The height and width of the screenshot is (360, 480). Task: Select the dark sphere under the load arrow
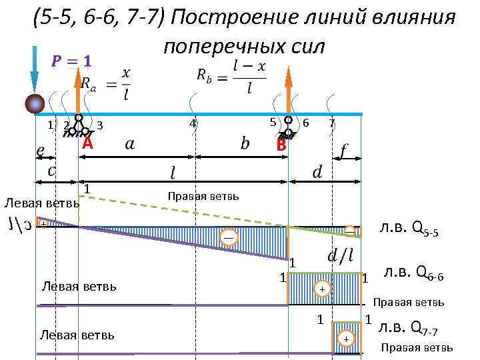pos(35,103)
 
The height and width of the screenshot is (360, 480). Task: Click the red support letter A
pos(87,145)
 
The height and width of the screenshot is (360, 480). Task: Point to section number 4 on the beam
pos(192,123)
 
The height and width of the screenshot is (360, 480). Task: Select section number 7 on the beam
pos(331,123)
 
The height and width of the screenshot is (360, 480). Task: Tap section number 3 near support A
pos(99,125)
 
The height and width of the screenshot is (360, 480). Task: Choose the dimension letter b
pos(245,144)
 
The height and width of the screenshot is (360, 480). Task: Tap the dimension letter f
pos(343,153)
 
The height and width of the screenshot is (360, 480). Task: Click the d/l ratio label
pos(341,255)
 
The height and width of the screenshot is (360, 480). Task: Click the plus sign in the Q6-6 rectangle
pos(322,289)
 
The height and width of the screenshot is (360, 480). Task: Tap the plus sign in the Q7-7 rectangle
pos(345,339)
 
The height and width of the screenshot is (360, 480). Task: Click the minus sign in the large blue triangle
pos(229,238)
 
